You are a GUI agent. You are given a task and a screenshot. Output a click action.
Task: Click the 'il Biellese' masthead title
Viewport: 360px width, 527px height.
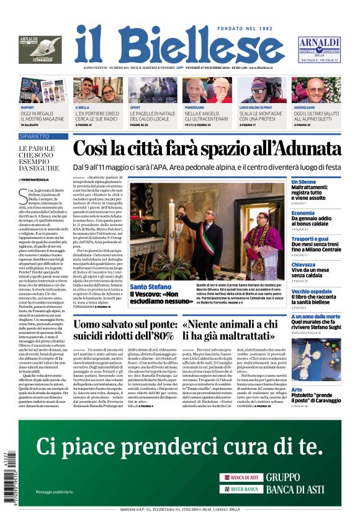[179, 46]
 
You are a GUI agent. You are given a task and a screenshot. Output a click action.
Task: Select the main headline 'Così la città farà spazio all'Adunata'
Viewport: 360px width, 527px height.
[205, 150]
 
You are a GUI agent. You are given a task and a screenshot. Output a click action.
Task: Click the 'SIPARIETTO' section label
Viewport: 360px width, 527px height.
[35, 135]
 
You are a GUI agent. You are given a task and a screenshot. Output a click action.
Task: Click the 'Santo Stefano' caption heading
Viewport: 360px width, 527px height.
[150, 286]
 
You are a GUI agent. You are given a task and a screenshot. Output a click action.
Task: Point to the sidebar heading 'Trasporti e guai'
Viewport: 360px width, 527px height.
[310, 238]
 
